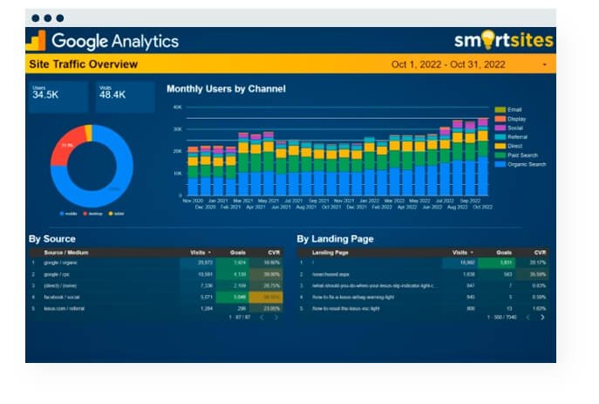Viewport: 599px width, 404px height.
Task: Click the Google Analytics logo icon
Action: (x=36, y=41)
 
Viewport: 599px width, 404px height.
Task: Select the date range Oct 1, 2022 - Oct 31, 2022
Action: (x=448, y=65)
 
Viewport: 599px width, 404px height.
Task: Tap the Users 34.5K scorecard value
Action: (x=45, y=94)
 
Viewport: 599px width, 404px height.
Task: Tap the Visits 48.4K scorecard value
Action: (x=112, y=94)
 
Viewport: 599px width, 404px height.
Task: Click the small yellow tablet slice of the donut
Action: (x=88, y=132)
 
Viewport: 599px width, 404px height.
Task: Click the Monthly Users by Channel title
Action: (x=225, y=89)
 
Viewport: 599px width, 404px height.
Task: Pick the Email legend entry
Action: (x=514, y=110)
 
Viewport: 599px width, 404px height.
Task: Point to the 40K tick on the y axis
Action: (x=177, y=107)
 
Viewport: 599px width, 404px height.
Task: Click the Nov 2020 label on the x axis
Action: (x=193, y=201)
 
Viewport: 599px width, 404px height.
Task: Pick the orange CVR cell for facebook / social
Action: (x=271, y=296)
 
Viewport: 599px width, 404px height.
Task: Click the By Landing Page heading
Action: (x=335, y=238)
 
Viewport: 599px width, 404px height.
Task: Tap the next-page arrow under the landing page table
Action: (x=542, y=317)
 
